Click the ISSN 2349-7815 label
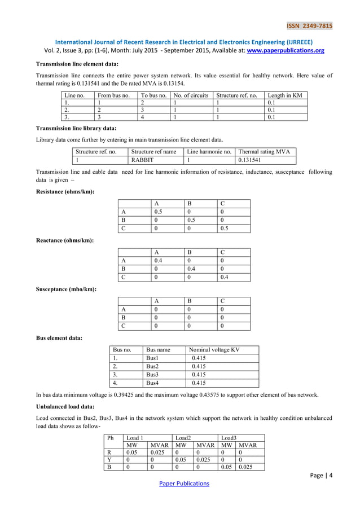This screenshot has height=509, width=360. click(x=310, y=25)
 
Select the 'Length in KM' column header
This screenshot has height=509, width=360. click(x=284, y=95)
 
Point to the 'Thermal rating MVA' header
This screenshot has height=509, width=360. click(x=264, y=152)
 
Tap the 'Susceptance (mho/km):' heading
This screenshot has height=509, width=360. click(x=65, y=289)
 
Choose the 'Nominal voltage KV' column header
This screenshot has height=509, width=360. click(x=215, y=350)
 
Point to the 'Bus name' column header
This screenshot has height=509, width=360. click(x=157, y=350)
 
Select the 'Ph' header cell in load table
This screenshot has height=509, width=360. click(x=110, y=437)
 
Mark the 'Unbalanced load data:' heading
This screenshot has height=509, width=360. click(x=63, y=406)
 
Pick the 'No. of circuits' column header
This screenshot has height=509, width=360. click(x=191, y=95)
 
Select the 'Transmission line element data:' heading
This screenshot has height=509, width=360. click(x=77, y=64)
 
